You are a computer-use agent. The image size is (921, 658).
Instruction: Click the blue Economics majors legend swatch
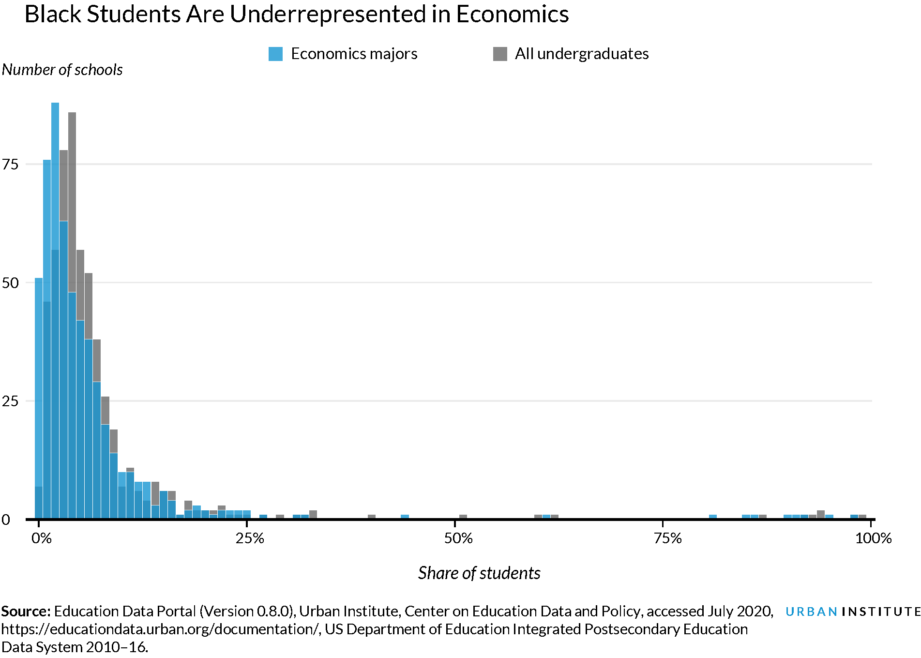275,54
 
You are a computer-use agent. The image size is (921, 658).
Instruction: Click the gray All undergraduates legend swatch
500,54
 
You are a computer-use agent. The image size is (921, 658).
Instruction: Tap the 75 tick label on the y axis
10,165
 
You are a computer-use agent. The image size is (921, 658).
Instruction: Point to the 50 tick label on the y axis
10,283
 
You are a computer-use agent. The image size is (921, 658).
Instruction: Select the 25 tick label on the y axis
10,401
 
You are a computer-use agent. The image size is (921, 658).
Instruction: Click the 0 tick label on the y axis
6,520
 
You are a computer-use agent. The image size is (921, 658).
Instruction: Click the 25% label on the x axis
250,538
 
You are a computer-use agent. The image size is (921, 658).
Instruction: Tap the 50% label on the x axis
458,538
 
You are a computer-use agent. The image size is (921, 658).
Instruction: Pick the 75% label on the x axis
667,538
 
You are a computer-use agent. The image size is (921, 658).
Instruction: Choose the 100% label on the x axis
873,538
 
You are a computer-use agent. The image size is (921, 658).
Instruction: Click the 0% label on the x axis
42,538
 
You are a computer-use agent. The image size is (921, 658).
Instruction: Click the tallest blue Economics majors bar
55,194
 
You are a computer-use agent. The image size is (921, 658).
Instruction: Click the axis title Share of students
479,573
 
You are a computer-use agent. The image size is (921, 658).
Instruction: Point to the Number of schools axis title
62,70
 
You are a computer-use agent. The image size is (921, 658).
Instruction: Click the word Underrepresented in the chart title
327,15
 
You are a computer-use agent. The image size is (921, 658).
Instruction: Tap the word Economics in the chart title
512,15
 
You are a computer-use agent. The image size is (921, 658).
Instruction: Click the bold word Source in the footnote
25,612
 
